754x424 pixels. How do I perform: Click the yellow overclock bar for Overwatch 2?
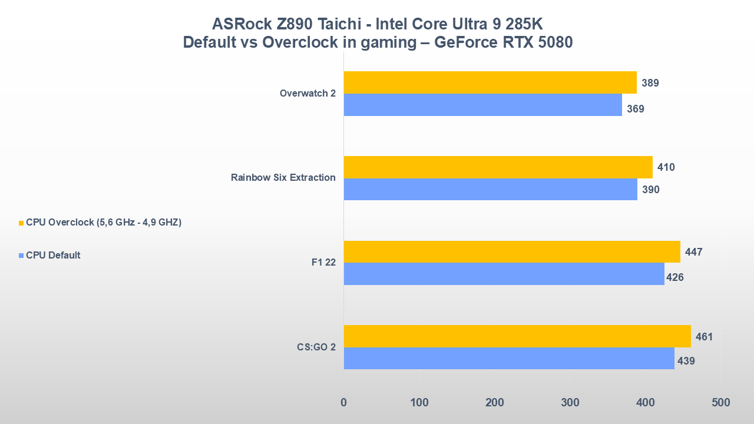point(490,82)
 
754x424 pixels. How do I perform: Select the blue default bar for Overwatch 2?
point(483,105)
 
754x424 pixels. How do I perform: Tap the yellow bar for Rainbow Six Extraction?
point(498,167)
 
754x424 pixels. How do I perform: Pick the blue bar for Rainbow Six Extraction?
point(490,190)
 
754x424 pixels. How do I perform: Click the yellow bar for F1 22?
point(511,251)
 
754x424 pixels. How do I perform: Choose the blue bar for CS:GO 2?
point(508,359)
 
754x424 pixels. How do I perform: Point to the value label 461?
point(704,337)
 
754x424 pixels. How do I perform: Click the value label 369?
point(635,109)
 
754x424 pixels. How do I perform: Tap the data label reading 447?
point(693,252)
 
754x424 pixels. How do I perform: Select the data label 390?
point(650,190)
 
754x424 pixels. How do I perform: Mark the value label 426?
point(674,277)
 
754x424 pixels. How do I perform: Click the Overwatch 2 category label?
point(307,94)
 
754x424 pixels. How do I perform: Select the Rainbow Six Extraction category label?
point(283,178)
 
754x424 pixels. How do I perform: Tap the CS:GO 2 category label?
point(316,347)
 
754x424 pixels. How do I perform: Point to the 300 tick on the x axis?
point(570,403)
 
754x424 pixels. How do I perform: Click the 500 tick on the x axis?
point(720,403)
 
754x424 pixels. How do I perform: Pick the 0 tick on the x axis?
point(344,403)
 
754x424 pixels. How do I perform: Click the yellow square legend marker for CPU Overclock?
point(21,223)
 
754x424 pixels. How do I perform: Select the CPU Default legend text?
point(53,256)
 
